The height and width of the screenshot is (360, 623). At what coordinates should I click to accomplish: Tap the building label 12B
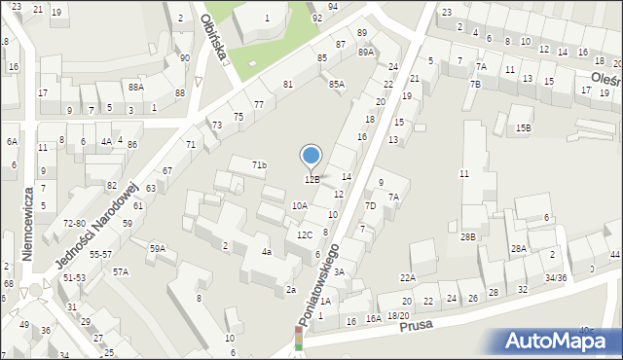[311, 179]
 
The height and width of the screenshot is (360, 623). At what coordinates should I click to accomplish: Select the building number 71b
[259, 165]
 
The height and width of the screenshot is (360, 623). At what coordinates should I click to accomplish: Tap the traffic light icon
[299, 338]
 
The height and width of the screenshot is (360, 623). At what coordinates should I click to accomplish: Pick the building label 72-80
[74, 223]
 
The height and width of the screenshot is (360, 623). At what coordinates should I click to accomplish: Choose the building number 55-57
[101, 254]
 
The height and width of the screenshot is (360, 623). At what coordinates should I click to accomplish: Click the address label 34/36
[556, 278]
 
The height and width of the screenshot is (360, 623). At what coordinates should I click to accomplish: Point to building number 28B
[468, 236]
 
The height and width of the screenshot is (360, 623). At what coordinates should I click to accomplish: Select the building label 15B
[524, 127]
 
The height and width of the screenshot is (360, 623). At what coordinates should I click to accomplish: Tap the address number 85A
[336, 85]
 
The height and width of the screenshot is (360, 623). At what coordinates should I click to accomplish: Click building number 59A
[157, 248]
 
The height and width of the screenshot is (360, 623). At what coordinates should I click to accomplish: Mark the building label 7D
[370, 205]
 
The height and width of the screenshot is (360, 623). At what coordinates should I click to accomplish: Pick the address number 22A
[407, 278]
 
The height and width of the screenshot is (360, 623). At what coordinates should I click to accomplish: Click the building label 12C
[305, 234]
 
